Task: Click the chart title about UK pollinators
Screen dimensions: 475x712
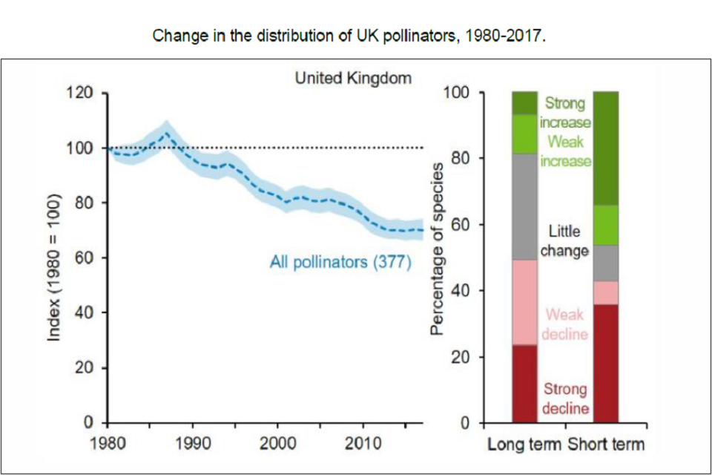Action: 349,36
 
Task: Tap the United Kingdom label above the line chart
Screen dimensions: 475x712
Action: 353,78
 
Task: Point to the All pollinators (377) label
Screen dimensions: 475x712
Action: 341,263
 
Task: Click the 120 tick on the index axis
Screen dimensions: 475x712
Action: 79,93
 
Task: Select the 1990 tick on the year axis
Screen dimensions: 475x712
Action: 193,444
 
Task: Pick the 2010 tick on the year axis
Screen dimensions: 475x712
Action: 363,444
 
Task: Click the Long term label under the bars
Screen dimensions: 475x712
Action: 526,445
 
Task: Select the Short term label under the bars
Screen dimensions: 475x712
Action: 607,445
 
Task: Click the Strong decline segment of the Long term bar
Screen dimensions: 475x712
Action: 525,384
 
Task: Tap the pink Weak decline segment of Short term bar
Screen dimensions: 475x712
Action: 607,292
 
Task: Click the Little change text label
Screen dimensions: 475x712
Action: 564,241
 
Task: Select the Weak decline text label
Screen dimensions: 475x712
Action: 564,324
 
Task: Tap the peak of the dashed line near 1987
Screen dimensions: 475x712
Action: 167,134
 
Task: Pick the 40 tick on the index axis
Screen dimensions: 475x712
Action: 83,312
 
